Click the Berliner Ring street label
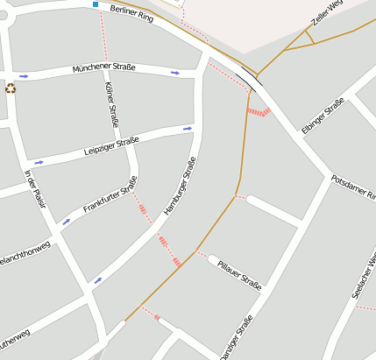pyautogui.click(x=132, y=13)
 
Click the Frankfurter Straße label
pyautogui.click(x=110, y=195)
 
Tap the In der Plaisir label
pyautogui.click(x=34, y=187)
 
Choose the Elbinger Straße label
pyautogui.click(x=323, y=116)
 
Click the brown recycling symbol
pyautogui.click(x=11, y=88)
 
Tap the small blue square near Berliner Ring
pyautogui.click(x=96, y=4)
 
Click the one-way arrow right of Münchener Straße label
pyautogui.click(x=175, y=73)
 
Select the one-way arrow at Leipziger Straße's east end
pyautogui.click(x=188, y=129)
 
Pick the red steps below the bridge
pyautogui.click(x=258, y=111)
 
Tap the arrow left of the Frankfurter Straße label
pyautogui.click(x=66, y=222)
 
